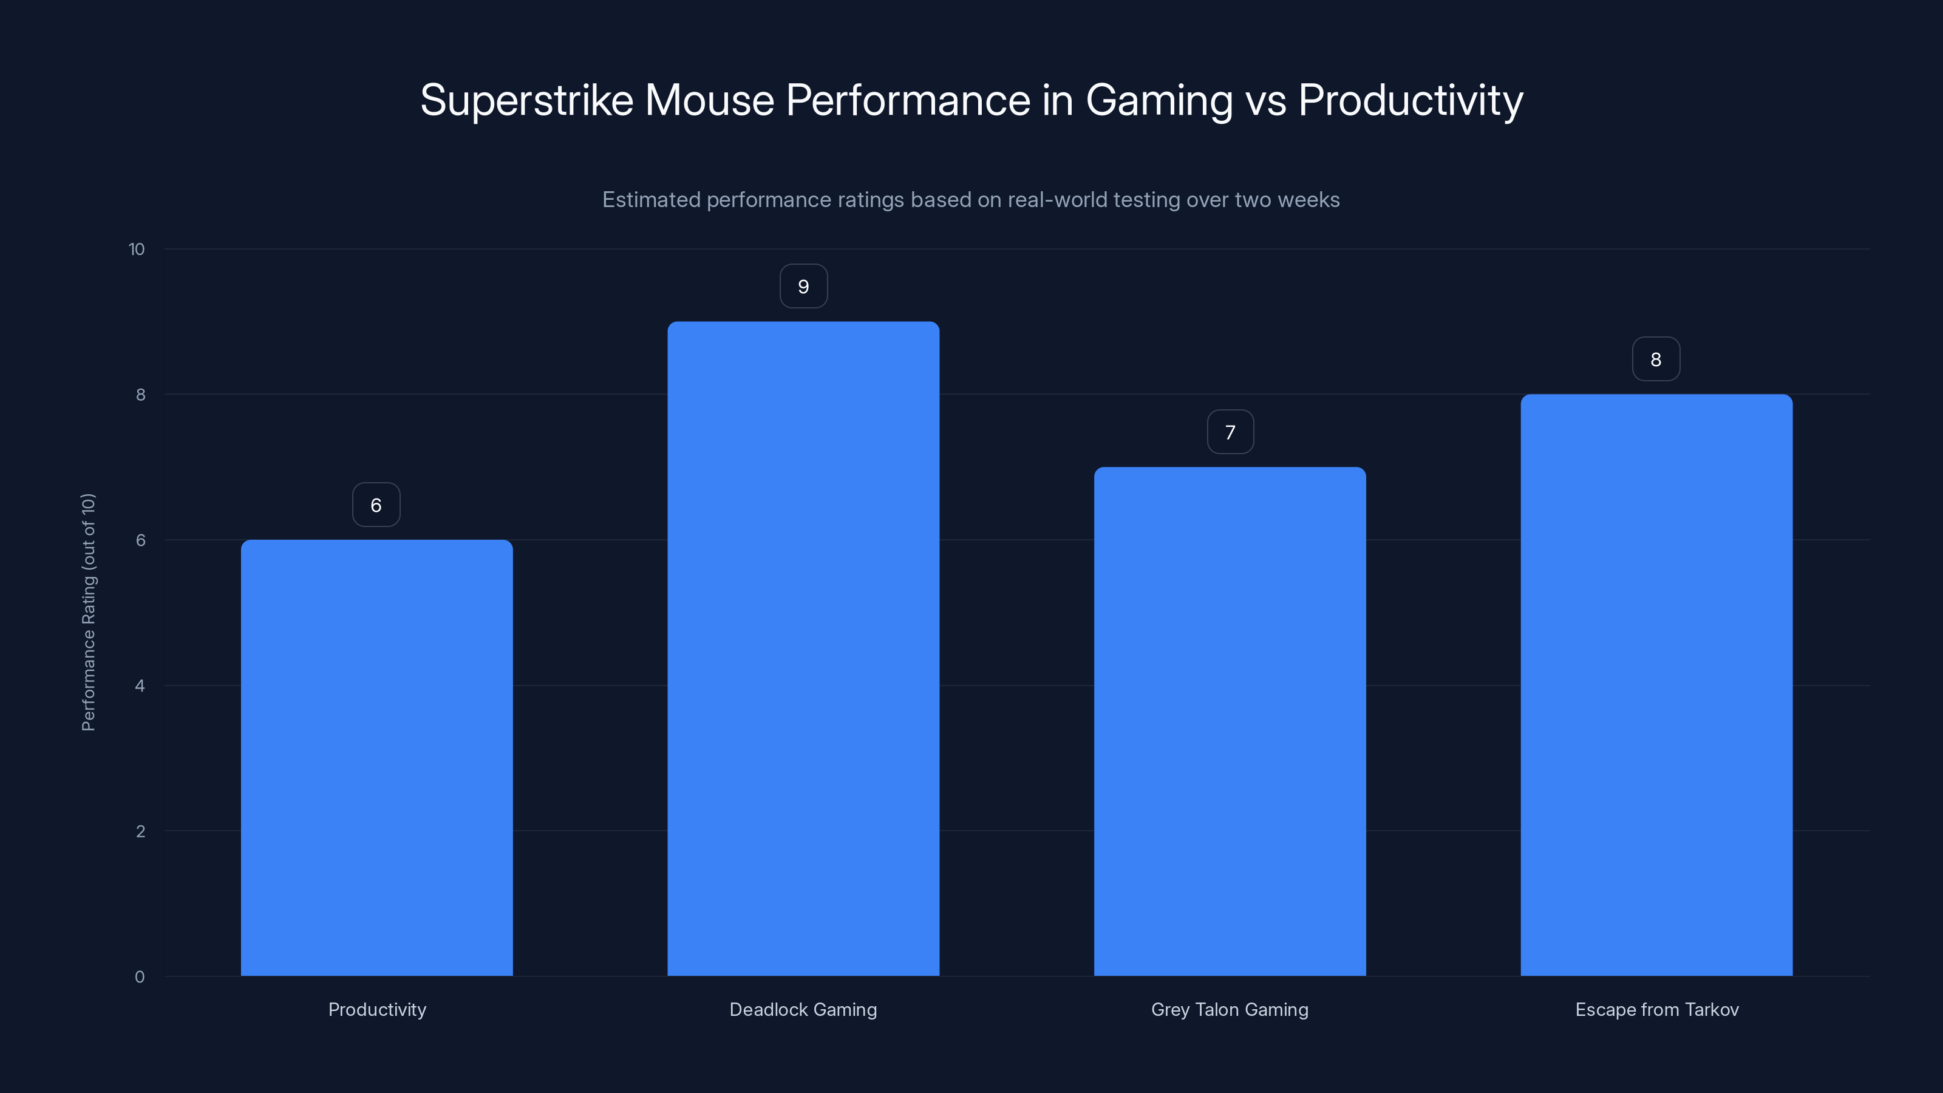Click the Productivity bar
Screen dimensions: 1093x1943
tap(376, 757)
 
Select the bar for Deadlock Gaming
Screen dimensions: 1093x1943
tap(803, 649)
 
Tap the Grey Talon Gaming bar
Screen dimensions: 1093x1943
tap(1230, 721)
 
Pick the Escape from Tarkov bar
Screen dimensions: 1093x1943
tap(1656, 685)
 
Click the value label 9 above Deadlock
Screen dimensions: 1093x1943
tap(803, 287)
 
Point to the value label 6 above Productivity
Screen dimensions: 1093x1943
tap(376, 505)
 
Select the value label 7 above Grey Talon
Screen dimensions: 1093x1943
tap(1230, 432)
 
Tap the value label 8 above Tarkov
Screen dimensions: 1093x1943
tap(1656, 360)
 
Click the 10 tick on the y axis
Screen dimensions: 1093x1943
tap(137, 250)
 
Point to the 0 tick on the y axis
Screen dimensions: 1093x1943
tap(140, 977)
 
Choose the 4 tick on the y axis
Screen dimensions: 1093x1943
tap(140, 686)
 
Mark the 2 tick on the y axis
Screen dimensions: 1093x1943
tap(140, 831)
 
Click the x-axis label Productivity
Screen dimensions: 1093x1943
tap(377, 1009)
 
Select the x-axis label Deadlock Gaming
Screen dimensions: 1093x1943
tap(803, 1009)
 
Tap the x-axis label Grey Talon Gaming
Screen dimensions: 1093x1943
tap(1230, 1009)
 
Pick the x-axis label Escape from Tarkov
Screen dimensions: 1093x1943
tap(1656, 1009)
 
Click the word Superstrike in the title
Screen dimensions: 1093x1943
tap(526, 100)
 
